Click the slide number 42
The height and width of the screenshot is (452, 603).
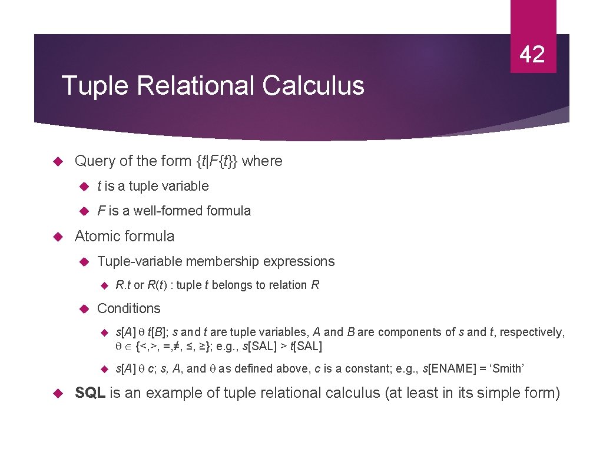click(x=532, y=55)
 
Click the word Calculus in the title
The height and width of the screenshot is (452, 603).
click(x=313, y=85)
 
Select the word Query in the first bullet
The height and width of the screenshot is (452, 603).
click(x=95, y=161)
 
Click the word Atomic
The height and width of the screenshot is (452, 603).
click(x=98, y=236)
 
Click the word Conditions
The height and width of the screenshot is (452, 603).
click(x=128, y=308)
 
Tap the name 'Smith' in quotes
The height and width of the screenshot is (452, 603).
click(x=508, y=369)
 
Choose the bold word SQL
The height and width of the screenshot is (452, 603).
click(x=90, y=393)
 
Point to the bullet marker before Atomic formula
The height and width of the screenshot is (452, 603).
click(x=58, y=237)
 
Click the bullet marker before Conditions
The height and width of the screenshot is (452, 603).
click(x=84, y=308)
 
